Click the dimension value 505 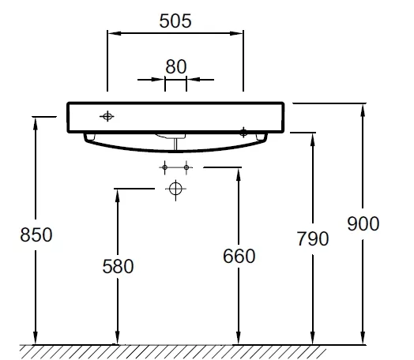click(175, 21)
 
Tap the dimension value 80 click(176, 67)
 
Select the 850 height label click(36, 234)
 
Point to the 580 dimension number click(118, 266)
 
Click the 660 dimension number click(239, 256)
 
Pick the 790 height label click(313, 238)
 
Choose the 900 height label click(363, 223)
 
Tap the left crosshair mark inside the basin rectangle click(107, 116)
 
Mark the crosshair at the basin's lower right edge click(243, 132)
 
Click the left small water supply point click(165, 167)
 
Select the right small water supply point click(186, 167)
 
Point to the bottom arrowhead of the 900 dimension click(363, 338)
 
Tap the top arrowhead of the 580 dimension click(118, 197)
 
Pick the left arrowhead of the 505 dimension click(115, 33)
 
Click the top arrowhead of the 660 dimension click(239, 174)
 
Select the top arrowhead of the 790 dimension click(313, 140)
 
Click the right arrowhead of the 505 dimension click(236, 33)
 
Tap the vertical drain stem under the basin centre click(175, 144)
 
